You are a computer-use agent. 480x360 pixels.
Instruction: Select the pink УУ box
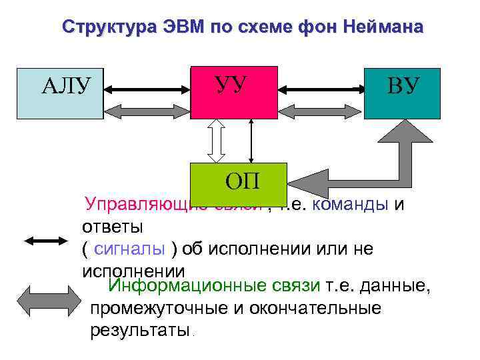pyautogui.click(x=233, y=92)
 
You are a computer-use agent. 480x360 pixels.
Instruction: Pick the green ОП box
pyautogui.click(x=238, y=179)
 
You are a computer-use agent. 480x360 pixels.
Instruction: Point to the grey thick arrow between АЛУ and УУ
pyautogui.click(x=147, y=109)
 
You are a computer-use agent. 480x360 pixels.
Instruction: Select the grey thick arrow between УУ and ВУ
pyautogui.click(x=320, y=109)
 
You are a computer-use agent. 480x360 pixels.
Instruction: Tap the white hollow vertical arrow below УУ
pyautogui.click(x=217, y=141)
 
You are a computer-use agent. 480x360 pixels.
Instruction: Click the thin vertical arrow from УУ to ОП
pyautogui.click(x=251, y=141)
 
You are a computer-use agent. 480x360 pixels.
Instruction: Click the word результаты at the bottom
pyautogui.click(x=140, y=329)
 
